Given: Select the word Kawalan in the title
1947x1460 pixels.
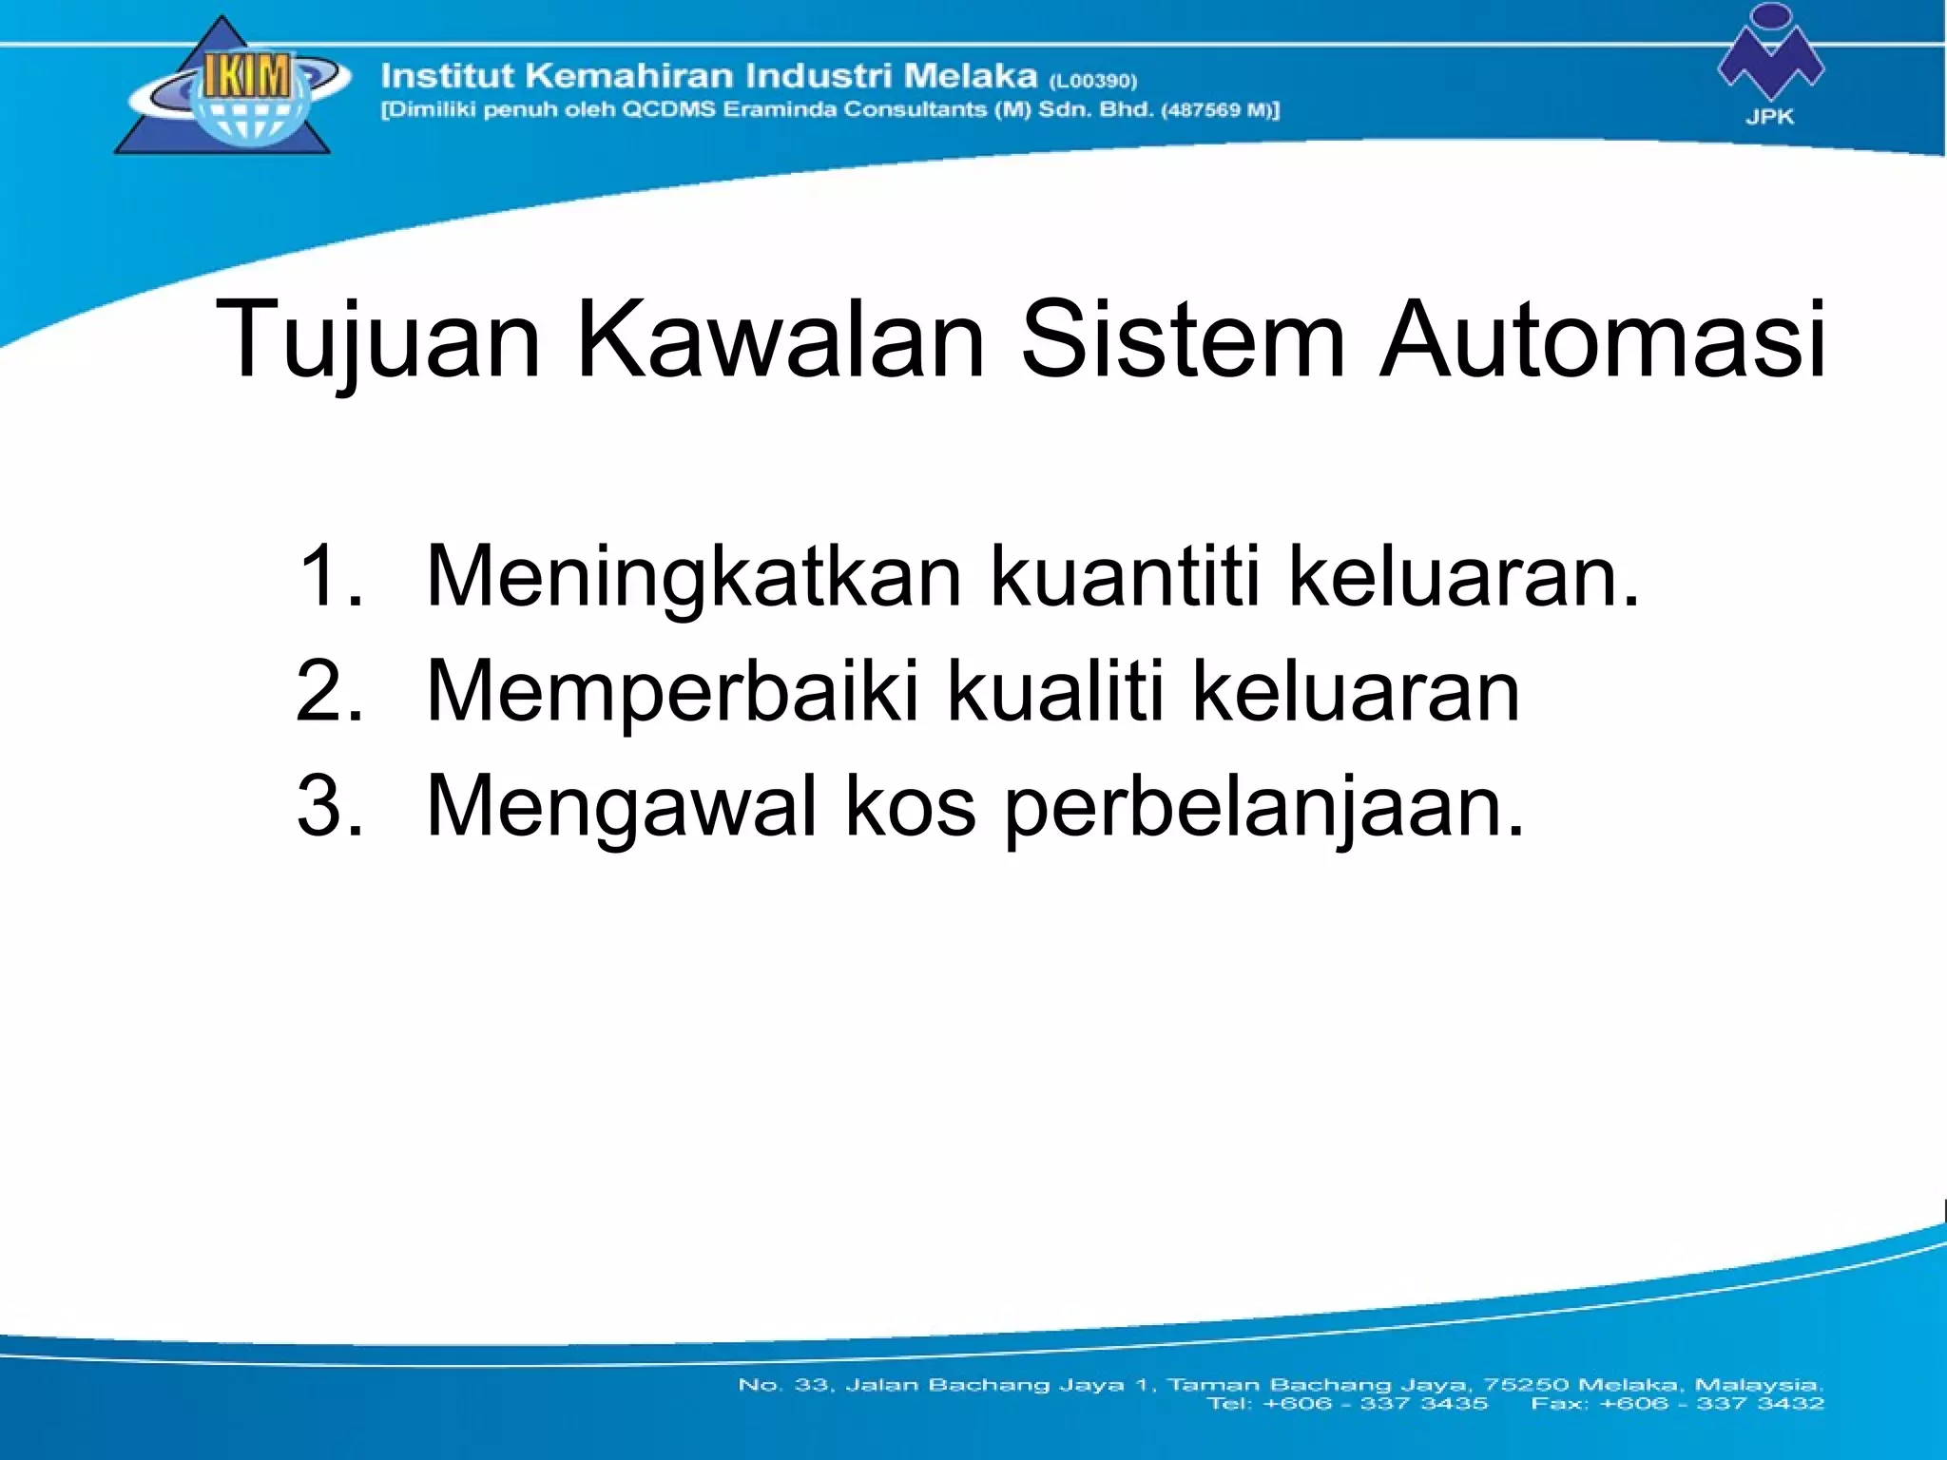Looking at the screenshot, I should (x=781, y=339).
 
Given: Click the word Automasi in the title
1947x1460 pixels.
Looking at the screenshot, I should (x=1603, y=339).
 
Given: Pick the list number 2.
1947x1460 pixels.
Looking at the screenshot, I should (x=328, y=691).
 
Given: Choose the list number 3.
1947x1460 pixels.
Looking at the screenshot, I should (x=328, y=806).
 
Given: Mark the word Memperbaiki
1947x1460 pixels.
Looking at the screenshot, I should (x=673, y=691).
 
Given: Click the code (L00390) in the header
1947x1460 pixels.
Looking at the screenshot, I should (x=1093, y=81).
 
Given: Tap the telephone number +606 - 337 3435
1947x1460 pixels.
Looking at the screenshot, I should (x=1375, y=1403).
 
